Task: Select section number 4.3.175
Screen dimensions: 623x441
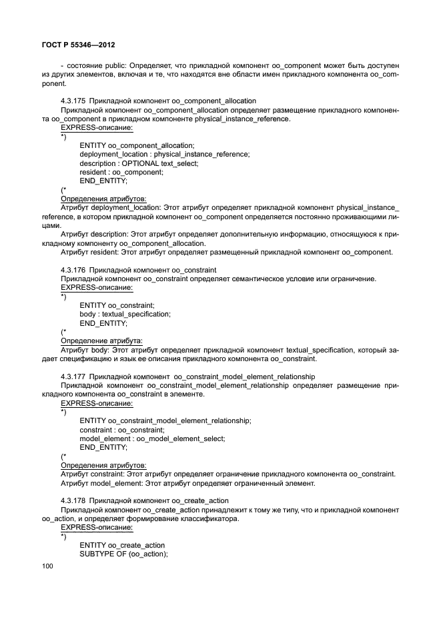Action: click(73, 101)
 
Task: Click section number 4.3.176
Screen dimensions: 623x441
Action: click(73, 269)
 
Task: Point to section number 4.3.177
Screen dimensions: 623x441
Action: click(73, 376)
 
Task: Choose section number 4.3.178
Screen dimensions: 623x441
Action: click(73, 500)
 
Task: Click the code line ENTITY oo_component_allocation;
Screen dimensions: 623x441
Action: click(137, 145)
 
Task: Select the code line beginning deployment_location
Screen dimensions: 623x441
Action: click(164, 154)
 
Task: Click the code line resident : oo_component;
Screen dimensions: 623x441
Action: click(121, 172)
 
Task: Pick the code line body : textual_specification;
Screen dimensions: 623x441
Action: click(125, 314)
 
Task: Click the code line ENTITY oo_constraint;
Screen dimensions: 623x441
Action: click(117, 305)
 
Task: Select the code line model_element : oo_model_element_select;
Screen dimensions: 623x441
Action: click(152, 438)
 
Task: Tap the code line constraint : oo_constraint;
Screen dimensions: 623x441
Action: click(121, 430)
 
